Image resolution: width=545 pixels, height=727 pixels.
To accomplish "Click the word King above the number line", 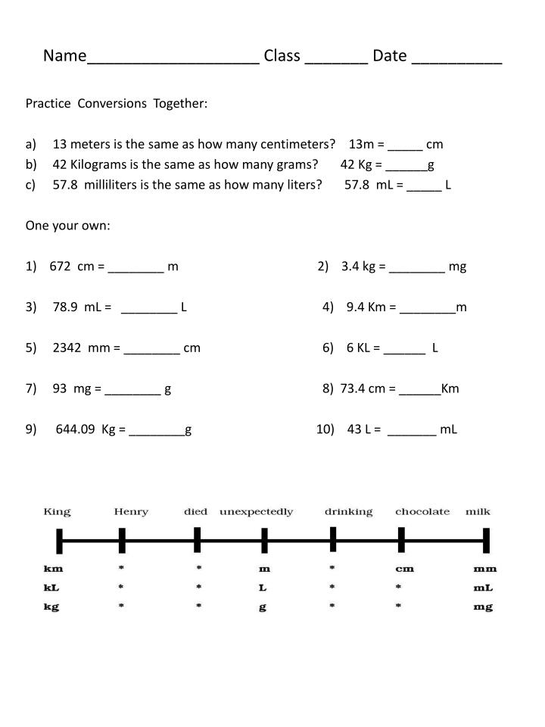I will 57,512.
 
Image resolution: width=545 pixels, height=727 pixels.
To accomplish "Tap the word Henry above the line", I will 131,512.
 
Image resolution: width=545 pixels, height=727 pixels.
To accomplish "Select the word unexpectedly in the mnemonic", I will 256,512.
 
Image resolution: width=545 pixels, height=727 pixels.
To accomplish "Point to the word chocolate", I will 422,512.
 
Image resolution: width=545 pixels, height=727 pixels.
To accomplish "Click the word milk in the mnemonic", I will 478,512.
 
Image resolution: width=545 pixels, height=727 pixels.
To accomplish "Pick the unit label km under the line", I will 53,569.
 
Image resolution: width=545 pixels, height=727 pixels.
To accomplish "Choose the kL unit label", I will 52,588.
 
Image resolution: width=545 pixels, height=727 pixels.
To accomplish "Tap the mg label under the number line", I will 484,607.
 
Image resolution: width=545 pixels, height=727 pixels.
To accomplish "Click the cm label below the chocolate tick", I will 404,569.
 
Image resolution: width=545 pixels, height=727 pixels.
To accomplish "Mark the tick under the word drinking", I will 333,540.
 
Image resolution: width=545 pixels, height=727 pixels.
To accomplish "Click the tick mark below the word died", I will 197,540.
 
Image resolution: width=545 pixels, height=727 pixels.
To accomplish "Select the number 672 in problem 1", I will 60,267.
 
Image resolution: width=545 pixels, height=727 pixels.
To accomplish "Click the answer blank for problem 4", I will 428,308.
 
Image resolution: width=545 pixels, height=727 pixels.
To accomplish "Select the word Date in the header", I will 390,56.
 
